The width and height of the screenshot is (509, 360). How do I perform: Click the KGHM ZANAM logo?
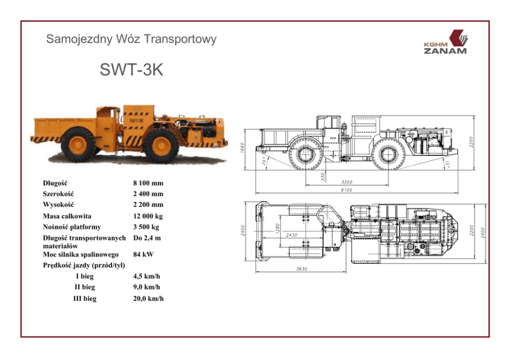446,42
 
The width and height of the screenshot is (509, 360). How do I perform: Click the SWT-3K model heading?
131,69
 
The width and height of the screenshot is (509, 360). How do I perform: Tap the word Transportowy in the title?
180,39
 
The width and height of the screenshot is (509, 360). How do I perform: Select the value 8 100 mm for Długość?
148,183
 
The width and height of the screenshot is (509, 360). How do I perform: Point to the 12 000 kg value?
148,216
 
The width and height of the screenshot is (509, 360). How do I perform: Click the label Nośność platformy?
72,227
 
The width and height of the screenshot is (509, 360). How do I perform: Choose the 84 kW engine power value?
143,254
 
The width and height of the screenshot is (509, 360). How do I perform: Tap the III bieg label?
85,298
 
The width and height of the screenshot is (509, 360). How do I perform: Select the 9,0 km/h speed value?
146,287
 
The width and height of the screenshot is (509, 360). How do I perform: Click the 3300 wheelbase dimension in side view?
347,182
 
